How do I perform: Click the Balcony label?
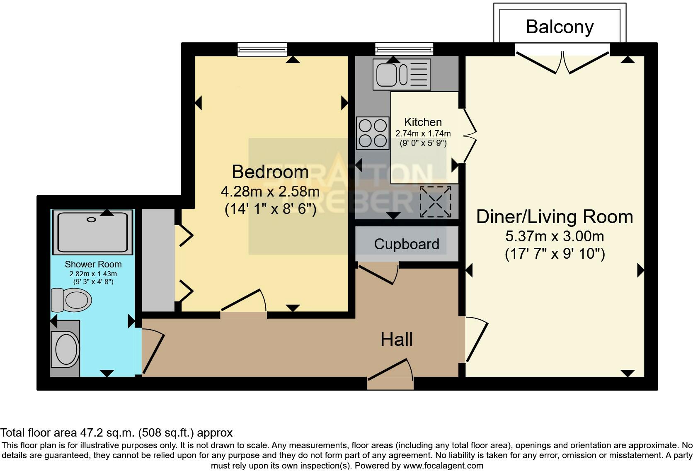(560, 27)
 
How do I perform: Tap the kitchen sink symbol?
(401, 74)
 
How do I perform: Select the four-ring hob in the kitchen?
(373, 133)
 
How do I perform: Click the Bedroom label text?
(270, 172)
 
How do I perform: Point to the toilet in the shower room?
(71, 300)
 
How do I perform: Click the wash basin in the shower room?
(67, 349)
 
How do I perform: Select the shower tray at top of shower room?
(93, 232)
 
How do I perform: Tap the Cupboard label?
(406, 244)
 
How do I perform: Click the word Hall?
(396, 340)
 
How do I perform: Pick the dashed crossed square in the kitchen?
(435, 202)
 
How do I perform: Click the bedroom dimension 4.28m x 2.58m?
(270, 192)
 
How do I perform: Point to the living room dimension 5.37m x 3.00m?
(554, 236)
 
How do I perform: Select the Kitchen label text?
(423, 122)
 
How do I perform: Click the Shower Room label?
(93, 264)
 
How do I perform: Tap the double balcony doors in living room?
(562, 61)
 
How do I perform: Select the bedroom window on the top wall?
(262, 49)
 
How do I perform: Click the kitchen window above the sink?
(404, 49)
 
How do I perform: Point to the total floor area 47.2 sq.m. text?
(116, 433)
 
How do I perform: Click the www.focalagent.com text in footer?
(443, 466)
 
